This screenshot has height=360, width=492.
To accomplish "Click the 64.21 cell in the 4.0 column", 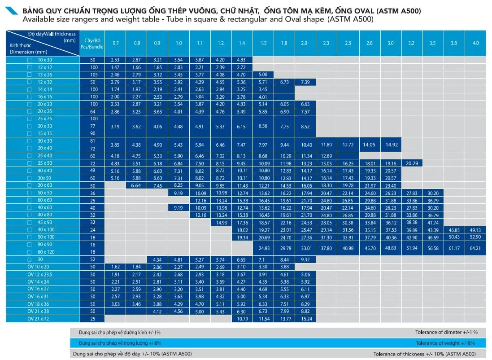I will pos(475,248).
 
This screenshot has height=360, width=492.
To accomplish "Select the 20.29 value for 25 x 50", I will pos(412,163).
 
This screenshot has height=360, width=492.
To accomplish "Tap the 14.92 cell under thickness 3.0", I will pos(391,145).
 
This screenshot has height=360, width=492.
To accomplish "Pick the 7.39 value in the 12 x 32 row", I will pos(305,82).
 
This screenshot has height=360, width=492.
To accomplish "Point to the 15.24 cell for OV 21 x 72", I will pos(305,319).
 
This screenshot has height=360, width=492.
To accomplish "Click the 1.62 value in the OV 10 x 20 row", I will pos(115,267).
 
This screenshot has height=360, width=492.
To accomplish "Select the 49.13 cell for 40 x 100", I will pos(475,230).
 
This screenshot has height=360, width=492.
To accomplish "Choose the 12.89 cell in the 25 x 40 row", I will pos(327,156).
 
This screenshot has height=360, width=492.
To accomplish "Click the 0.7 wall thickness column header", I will pos(115,43).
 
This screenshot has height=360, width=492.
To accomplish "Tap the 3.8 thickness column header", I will pos(454,43).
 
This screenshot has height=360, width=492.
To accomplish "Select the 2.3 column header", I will pos(327,43).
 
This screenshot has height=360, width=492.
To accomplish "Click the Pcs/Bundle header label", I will pos(94,47).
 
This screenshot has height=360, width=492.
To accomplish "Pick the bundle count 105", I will pos(94,75).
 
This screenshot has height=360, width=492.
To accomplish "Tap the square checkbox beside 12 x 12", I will pos(30,67).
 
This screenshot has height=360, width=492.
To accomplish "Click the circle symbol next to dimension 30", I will pos(30,259).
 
